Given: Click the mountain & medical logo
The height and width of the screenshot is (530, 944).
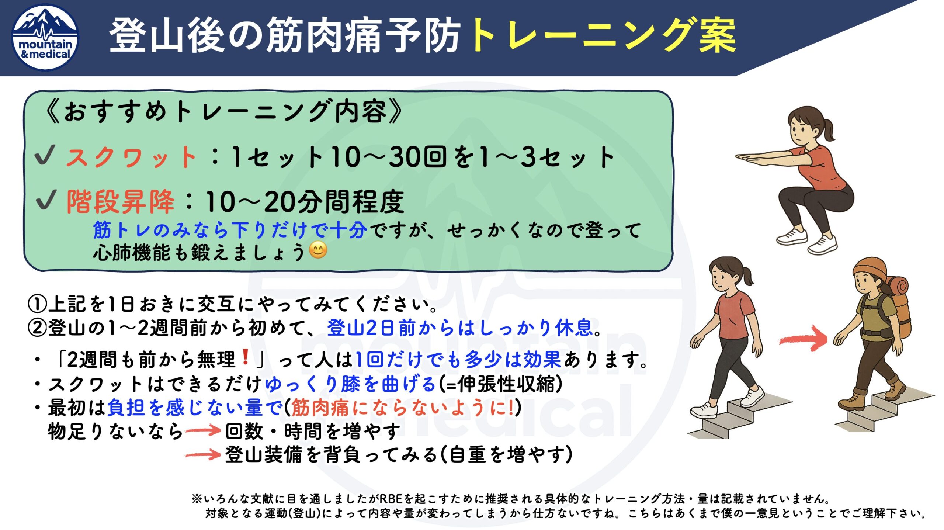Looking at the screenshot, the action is [x=45, y=37].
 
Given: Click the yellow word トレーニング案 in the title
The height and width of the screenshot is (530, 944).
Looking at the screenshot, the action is [x=603, y=35].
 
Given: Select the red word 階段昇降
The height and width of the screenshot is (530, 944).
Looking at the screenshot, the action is [x=120, y=202].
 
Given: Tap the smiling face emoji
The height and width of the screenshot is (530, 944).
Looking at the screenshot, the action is [x=318, y=250].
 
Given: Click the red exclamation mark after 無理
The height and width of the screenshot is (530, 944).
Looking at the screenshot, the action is [x=245, y=357].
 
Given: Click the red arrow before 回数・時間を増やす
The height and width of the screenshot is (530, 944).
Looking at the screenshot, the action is [x=203, y=430].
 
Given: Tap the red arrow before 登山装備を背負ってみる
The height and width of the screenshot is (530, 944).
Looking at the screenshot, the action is [x=203, y=454].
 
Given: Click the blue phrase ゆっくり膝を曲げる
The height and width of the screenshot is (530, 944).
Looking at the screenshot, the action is [x=351, y=384].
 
